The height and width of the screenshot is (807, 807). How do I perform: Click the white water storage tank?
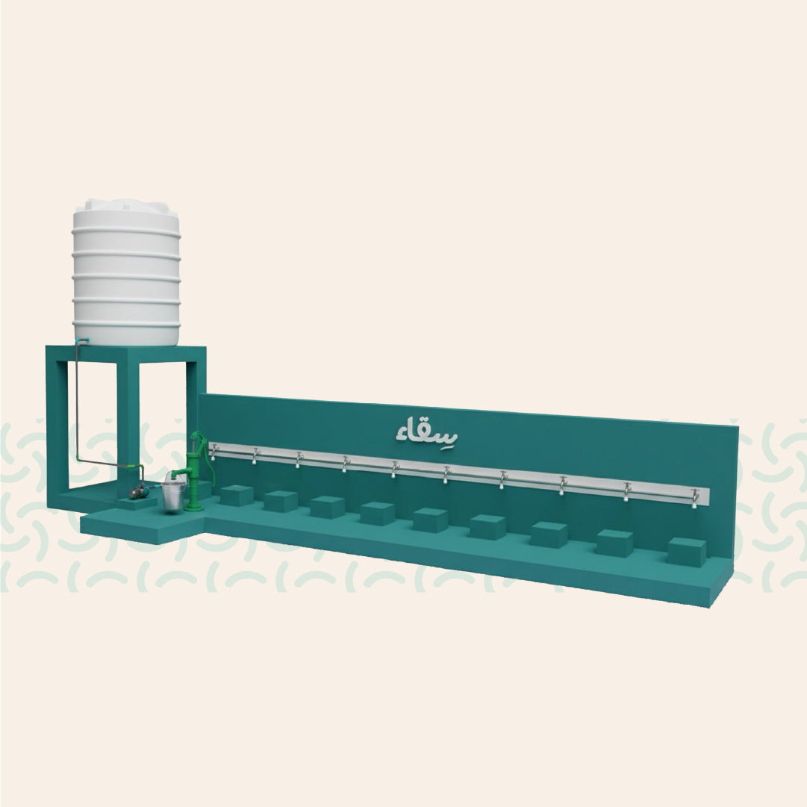126,272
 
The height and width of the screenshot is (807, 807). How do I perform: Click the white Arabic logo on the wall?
427,431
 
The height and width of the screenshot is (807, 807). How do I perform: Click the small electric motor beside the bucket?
137,493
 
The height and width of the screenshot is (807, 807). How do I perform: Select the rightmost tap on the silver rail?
695,498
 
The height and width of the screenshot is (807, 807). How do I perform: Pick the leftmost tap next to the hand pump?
213,452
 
